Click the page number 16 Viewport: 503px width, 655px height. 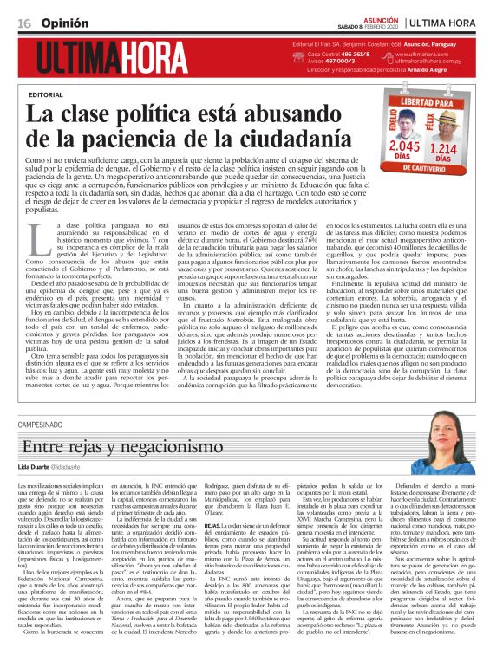(23, 20)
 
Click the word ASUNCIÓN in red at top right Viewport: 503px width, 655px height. (376, 15)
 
